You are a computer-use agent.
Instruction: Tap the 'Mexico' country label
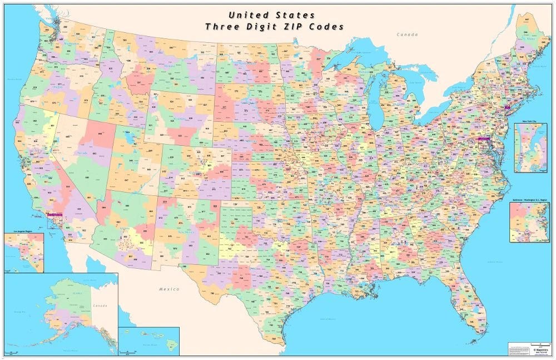tap(169, 289)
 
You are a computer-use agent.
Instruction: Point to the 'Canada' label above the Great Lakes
tap(406, 35)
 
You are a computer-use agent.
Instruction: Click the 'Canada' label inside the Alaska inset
tap(100, 305)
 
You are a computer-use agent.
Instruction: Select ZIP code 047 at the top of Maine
tap(526, 19)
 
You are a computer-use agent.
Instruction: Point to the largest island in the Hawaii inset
tap(173, 346)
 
